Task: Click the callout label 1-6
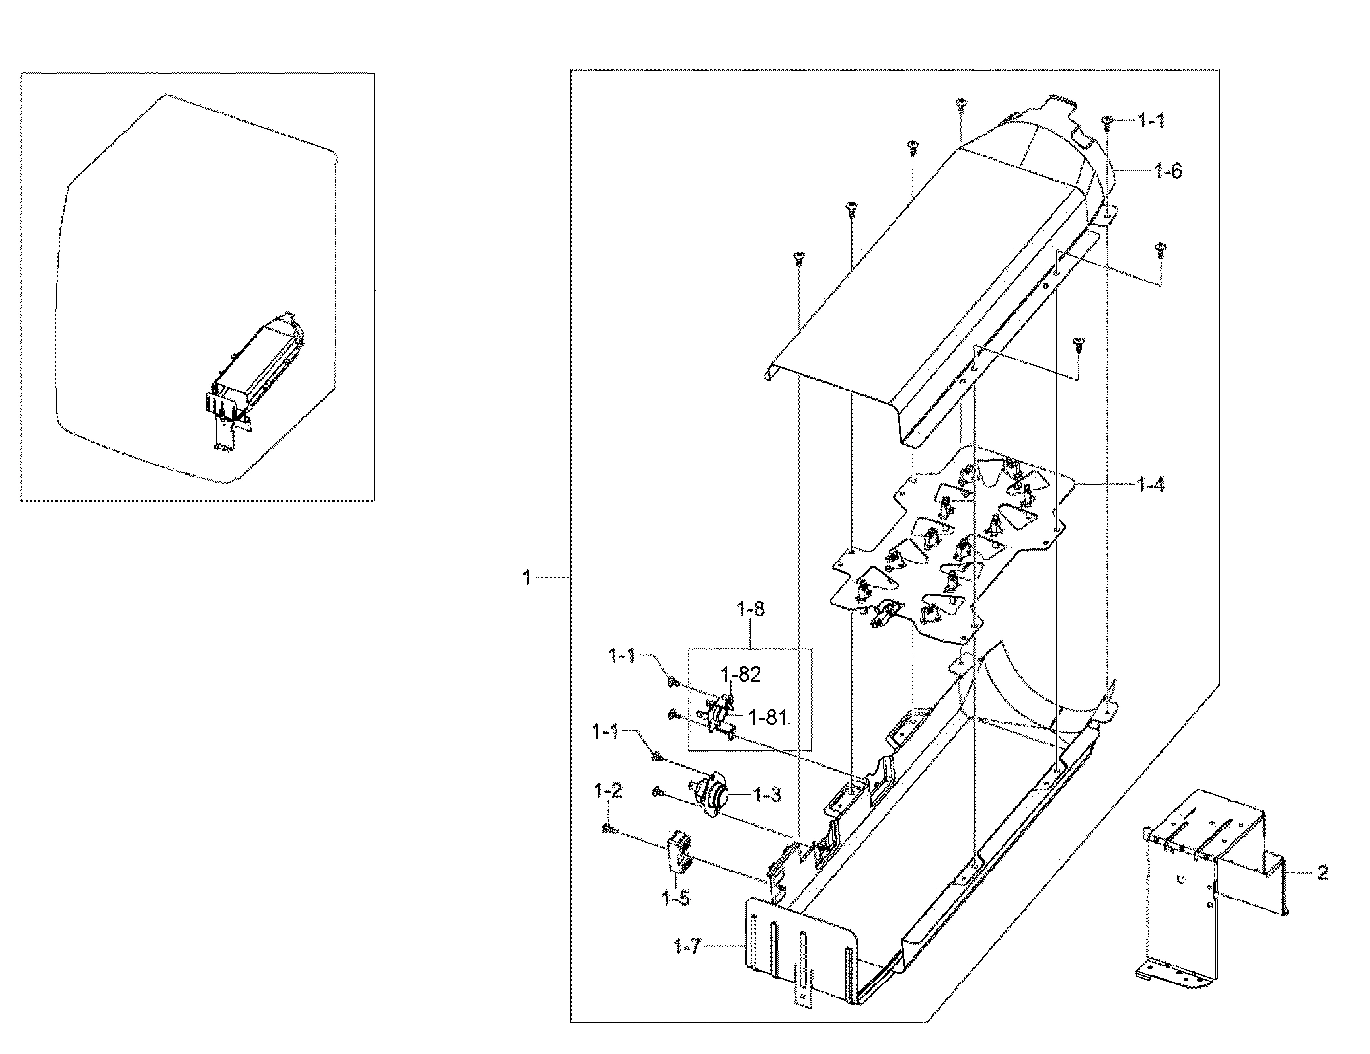1167,172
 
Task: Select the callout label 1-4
1150,485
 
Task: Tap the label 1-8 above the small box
750,610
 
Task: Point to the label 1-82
741,675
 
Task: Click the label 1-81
768,718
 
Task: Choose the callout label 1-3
767,795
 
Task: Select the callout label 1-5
676,899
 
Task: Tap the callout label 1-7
687,946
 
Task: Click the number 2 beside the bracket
1322,873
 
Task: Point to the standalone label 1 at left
527,578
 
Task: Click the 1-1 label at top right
1150,121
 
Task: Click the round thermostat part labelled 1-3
711,797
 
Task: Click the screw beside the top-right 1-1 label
1107,120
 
